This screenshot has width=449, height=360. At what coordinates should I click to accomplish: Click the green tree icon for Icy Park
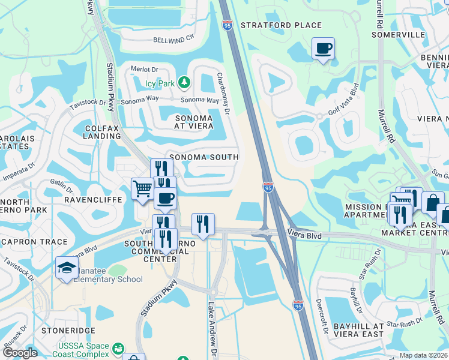coord(185,82)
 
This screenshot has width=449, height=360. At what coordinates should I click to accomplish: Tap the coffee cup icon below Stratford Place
coord(323,48)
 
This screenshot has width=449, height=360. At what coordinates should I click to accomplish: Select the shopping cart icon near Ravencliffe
coord(142,188)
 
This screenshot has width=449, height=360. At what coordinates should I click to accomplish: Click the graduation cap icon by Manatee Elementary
coord(67,268)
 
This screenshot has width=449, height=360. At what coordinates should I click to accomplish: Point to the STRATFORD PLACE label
coord(281,26)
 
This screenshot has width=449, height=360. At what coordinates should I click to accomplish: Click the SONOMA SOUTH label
coord(204,157)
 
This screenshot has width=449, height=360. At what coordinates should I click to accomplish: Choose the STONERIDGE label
coord(65,330)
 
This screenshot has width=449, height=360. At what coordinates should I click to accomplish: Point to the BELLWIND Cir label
coord(175,37)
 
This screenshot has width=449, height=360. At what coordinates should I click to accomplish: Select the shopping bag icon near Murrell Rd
coord(432,202)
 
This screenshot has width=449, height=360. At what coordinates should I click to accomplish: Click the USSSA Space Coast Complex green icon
coord(118,348)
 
